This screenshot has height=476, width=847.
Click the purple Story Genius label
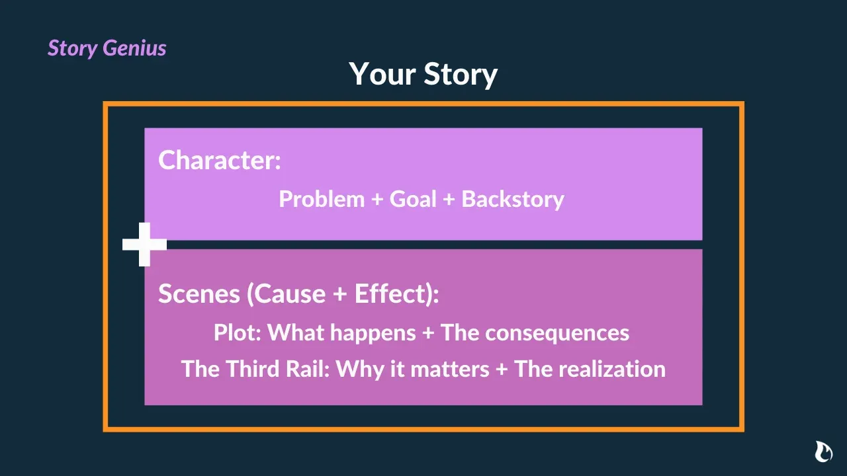click(107, 48)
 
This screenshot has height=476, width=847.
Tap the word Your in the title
click(382, 73)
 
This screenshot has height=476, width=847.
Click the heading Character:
click(220, 161)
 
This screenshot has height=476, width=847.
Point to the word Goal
click(413, 199)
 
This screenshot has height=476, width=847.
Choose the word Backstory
click(513, 199)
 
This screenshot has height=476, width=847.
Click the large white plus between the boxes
click(144, 245)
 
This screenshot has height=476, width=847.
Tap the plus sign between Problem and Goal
click(377, 200)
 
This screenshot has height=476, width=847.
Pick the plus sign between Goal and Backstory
click(449, 200)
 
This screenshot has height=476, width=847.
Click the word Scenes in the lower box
click(199, 294)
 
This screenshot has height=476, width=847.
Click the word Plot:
click(238, 333)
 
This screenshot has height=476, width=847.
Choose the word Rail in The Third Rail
click(308, 368)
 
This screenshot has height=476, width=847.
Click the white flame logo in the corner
click(823, 452)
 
